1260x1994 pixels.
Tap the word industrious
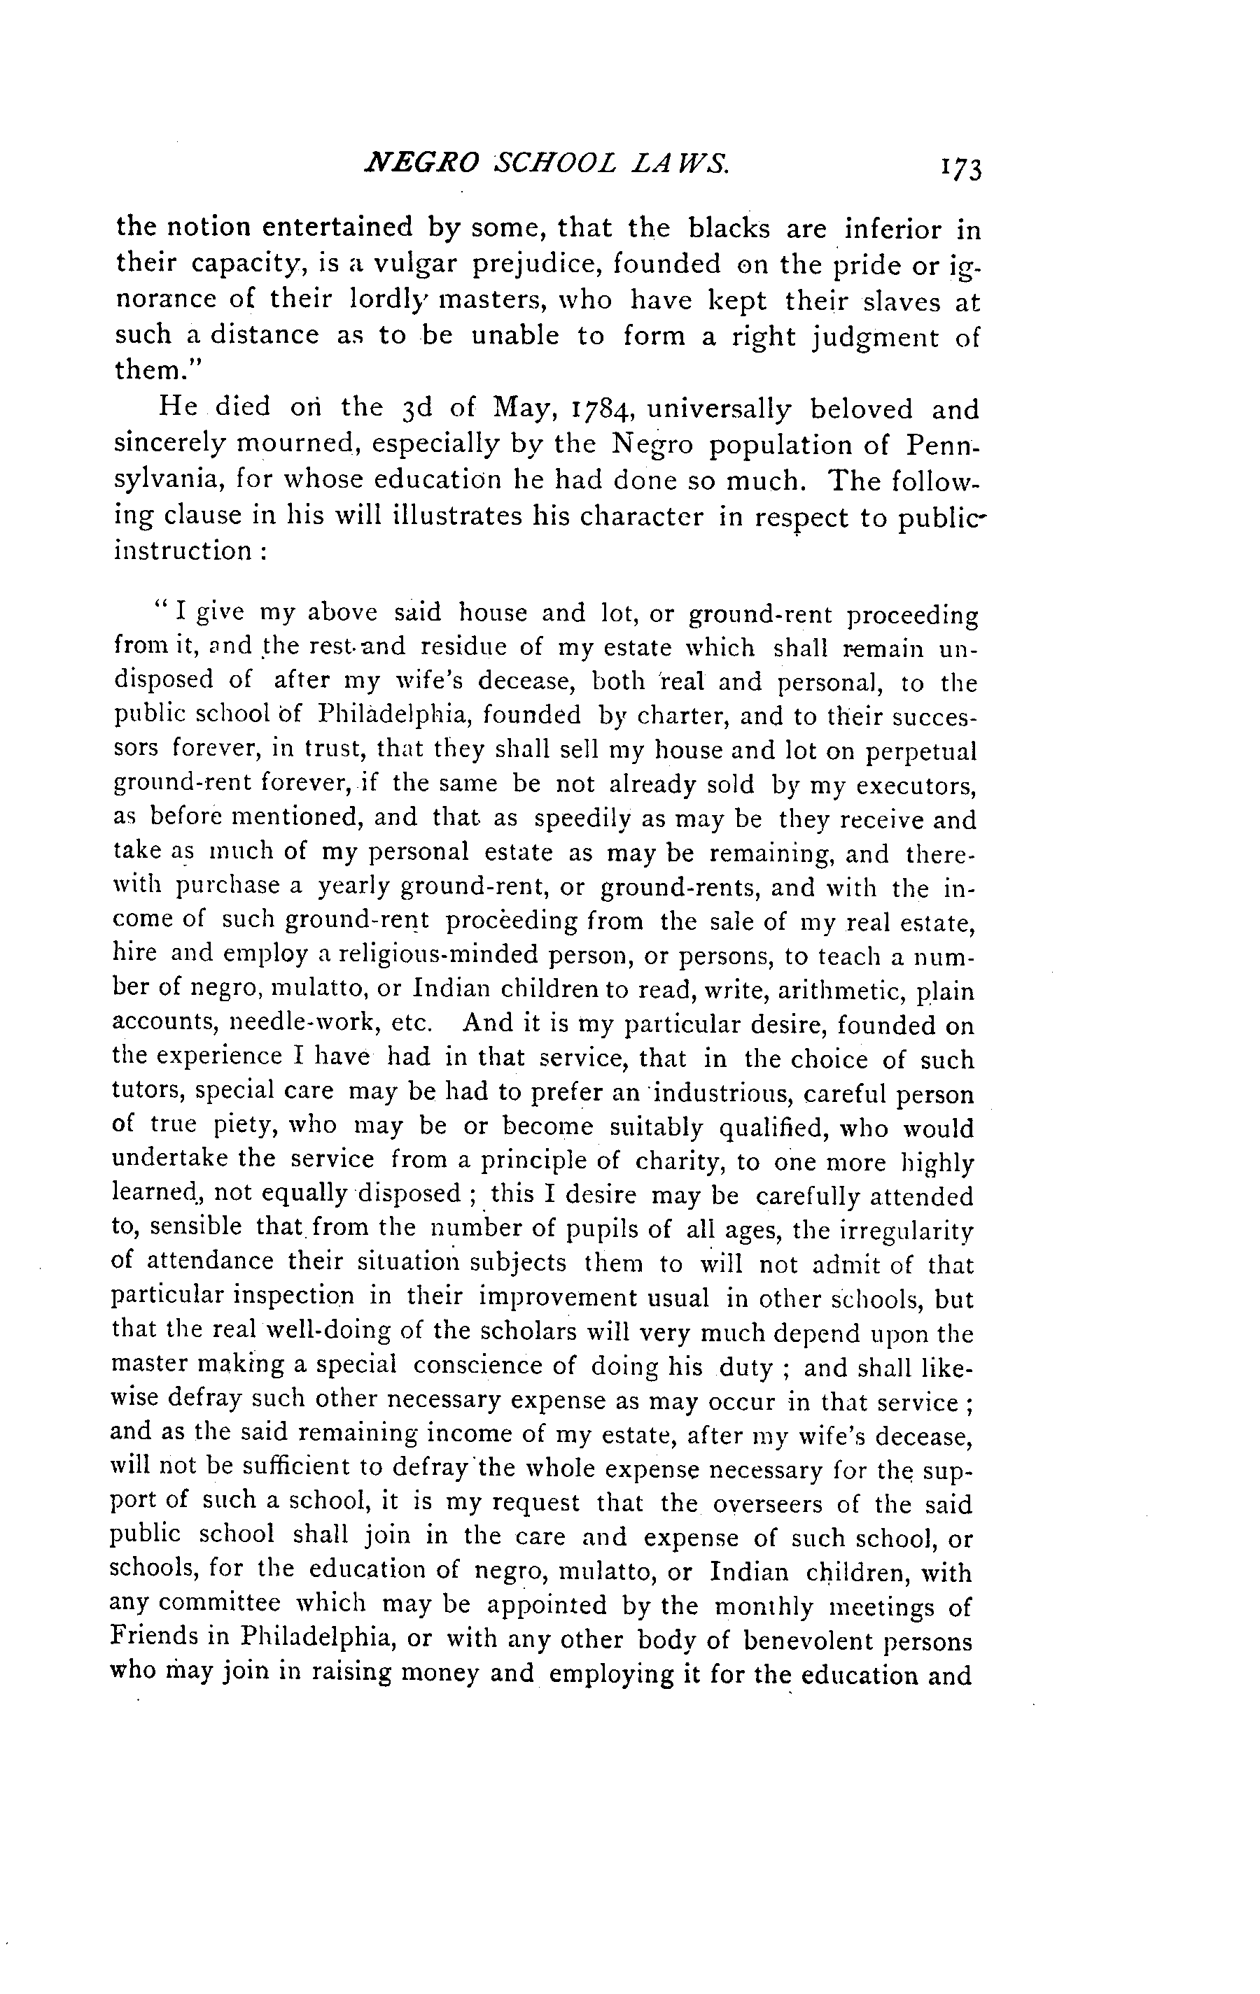[x=717, y=1095]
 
